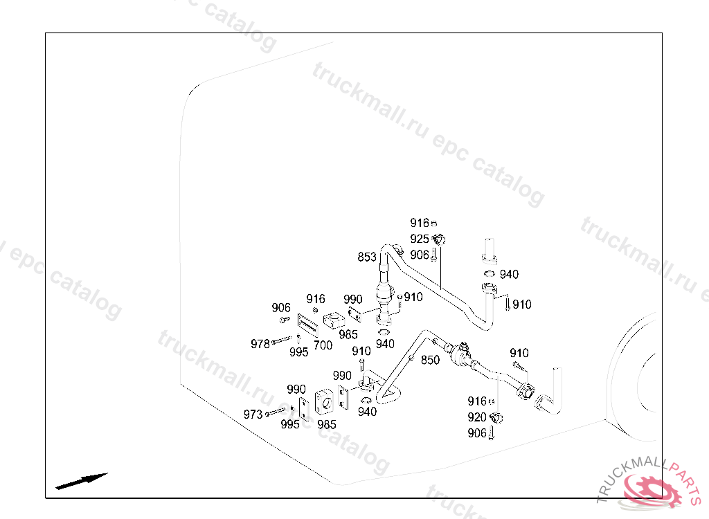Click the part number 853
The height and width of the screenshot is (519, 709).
coord(367,257)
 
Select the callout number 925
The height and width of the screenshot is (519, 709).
coord(420,239)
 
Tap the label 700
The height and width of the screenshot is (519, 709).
coord(323,345)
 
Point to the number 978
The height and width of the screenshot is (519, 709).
coord(260,344)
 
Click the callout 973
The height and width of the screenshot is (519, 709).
coord(253,415)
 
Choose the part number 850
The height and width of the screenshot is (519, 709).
coord(430,361)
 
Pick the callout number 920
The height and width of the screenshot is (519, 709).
coord(477,418)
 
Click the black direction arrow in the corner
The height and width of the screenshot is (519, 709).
coord(82,480)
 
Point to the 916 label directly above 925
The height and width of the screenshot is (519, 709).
coord(420,224)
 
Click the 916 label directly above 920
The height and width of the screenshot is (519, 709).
coord(477,402)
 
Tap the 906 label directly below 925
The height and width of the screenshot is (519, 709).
coord(420,255)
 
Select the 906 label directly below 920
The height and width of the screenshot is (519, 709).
coord(477,434)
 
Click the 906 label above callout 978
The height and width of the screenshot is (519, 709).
coord(281,308)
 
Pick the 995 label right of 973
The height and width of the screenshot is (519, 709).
coord(290,425)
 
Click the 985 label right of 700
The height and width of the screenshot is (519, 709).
coord(348,335)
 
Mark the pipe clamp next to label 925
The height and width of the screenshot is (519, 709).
coord(438,240)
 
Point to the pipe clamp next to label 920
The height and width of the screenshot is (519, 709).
coord(496,418)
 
